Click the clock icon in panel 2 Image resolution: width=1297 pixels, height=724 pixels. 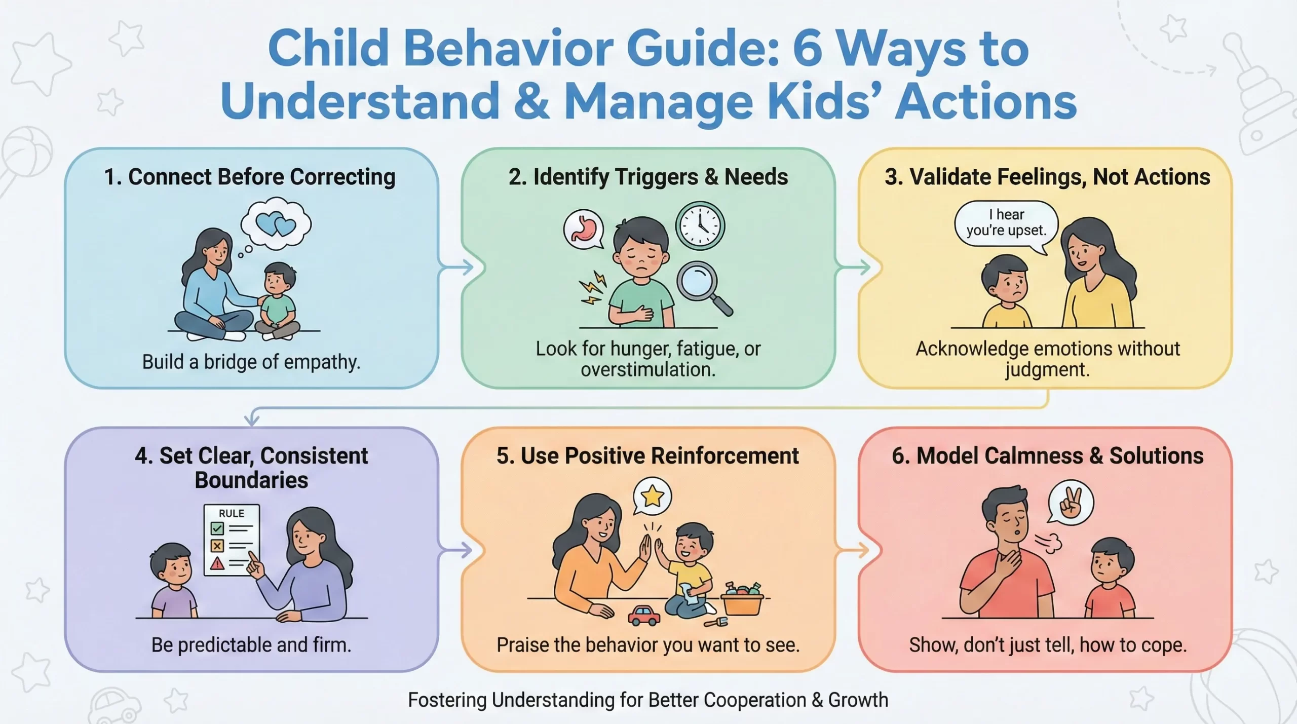pos(700,225)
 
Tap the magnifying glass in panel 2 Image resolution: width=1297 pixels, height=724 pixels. pos(699,283)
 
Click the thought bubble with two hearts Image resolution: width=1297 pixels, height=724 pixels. pos(276,224)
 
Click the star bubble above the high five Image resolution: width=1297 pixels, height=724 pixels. pos(652,497)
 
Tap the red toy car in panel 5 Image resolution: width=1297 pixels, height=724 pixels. pos(644,615)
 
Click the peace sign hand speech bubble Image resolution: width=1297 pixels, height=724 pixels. pos(1070,504)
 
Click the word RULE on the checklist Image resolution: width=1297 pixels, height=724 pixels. pos(232,513)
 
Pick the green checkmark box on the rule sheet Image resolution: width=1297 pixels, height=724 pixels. pos(217,529)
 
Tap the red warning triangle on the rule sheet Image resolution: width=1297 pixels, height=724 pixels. pos(217,563)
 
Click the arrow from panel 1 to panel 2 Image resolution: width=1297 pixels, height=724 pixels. pos(456,267)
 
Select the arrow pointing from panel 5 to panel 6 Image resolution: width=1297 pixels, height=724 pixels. pos(853,550)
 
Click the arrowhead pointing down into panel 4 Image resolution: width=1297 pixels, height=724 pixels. pos(252,420)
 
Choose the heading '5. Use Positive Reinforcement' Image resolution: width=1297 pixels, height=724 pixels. pos(647,455)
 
